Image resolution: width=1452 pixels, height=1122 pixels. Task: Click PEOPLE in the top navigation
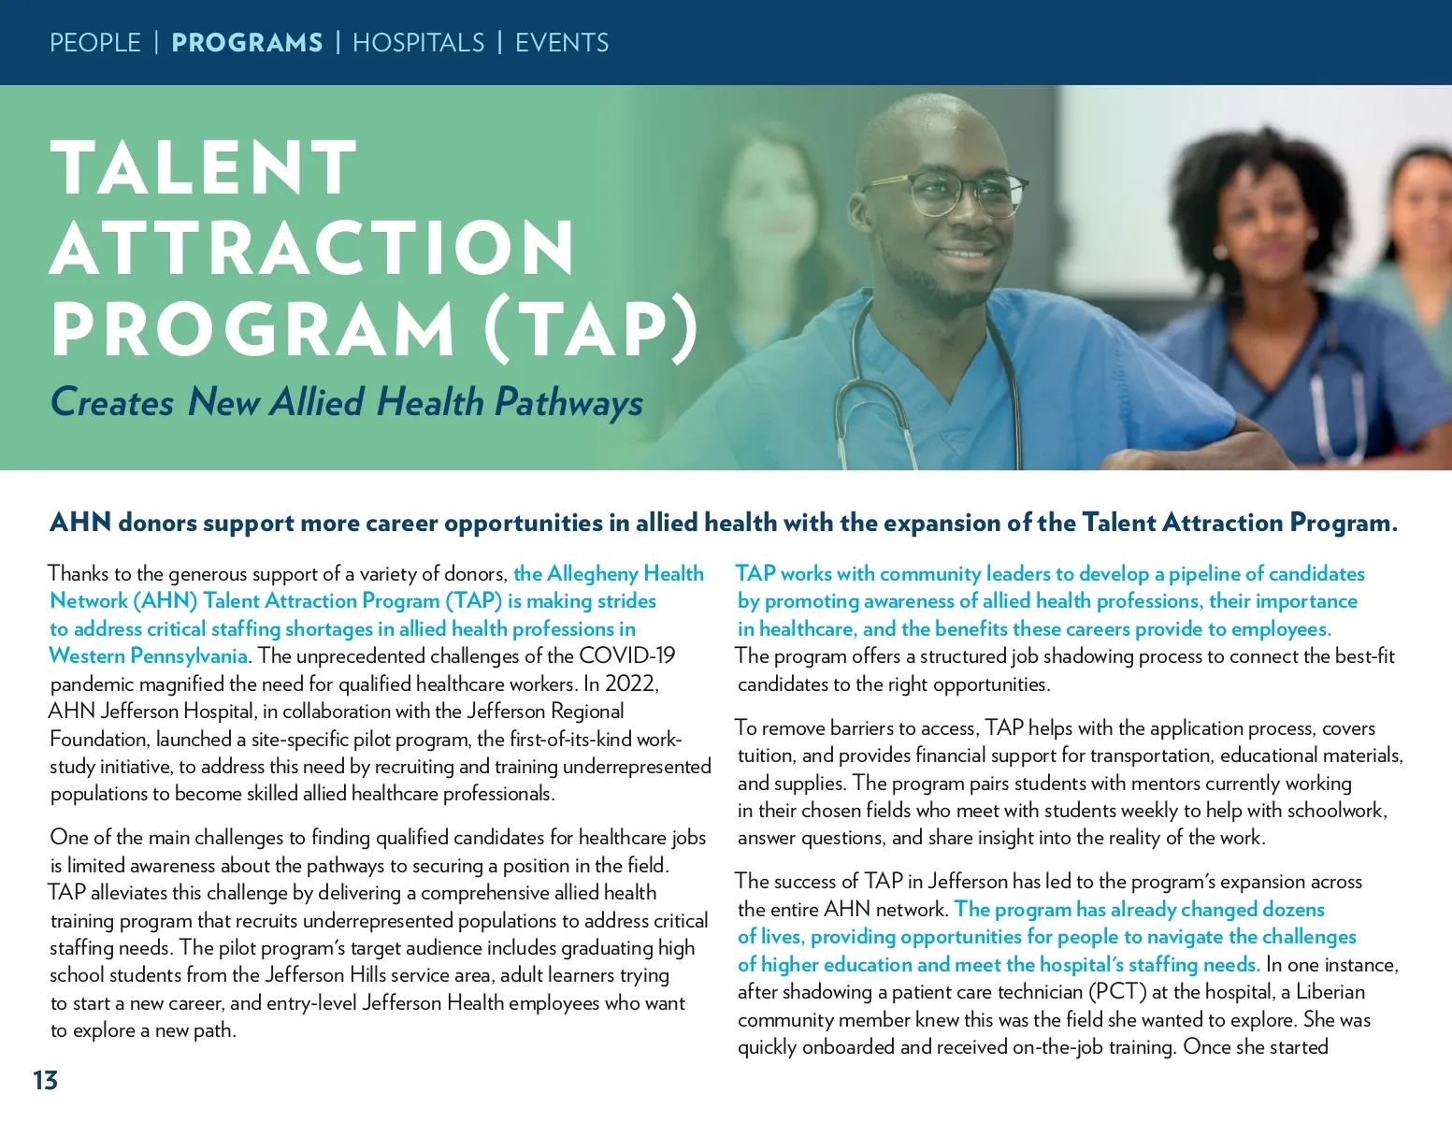click(94, 43)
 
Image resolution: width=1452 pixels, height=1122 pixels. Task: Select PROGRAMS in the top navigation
click(247, 43)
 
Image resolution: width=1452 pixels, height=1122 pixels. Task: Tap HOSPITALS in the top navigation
click(418, 43)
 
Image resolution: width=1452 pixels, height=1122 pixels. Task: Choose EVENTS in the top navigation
click(562, 43)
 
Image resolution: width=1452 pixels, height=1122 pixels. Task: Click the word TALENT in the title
click(204, 168)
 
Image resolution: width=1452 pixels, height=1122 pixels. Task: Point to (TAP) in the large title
click(592, 330)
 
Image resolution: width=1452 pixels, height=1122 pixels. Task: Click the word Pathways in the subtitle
click(568, 403)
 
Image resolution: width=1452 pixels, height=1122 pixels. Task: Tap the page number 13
click(45, 1081)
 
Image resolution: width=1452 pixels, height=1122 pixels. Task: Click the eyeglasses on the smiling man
click(944, 193)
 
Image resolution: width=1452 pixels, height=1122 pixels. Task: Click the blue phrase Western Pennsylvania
click(148, 656)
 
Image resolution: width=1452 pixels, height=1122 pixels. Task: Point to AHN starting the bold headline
click(80, 523)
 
